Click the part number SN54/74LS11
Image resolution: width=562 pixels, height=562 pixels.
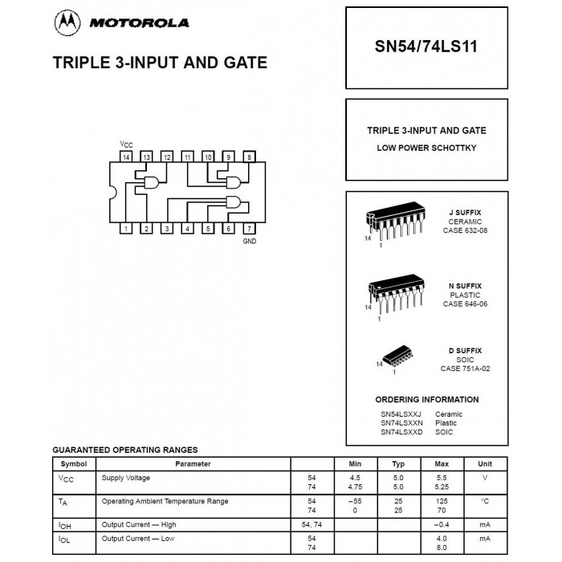[x=426, y=47]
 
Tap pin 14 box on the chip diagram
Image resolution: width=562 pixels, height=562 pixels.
[x=127, y=157]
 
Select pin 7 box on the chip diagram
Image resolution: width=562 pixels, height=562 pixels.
[x=249, y=229]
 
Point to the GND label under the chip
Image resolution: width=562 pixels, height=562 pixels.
[x=249, y=241]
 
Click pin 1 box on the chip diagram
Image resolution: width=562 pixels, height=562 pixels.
[x=127, y=229]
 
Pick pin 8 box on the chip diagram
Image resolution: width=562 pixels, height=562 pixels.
[x=249, y=157]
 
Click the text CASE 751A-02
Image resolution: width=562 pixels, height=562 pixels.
[x=465, y=369]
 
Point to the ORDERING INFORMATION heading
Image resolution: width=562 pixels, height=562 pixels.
[x=426, y=399]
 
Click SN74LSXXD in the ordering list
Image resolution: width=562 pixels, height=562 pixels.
[x=401, y=432]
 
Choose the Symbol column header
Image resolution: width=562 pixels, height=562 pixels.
[x=74, y=463]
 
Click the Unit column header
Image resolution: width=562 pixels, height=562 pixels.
[x=485, y=463]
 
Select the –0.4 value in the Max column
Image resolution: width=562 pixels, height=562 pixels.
[x=442, y=524]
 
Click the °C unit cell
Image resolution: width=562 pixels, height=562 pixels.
[x=485, y=501]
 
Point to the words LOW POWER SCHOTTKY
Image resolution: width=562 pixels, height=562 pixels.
[x=426, y=148]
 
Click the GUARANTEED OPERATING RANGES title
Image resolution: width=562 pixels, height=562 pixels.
[x=124, y=450]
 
